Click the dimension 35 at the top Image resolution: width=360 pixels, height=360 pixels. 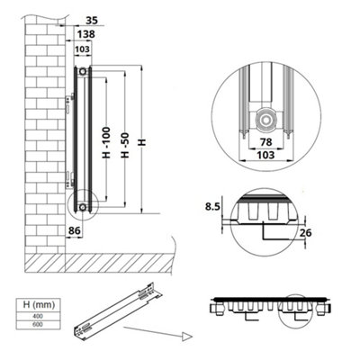(91, 17)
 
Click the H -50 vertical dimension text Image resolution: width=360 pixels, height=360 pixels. (129, 136)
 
